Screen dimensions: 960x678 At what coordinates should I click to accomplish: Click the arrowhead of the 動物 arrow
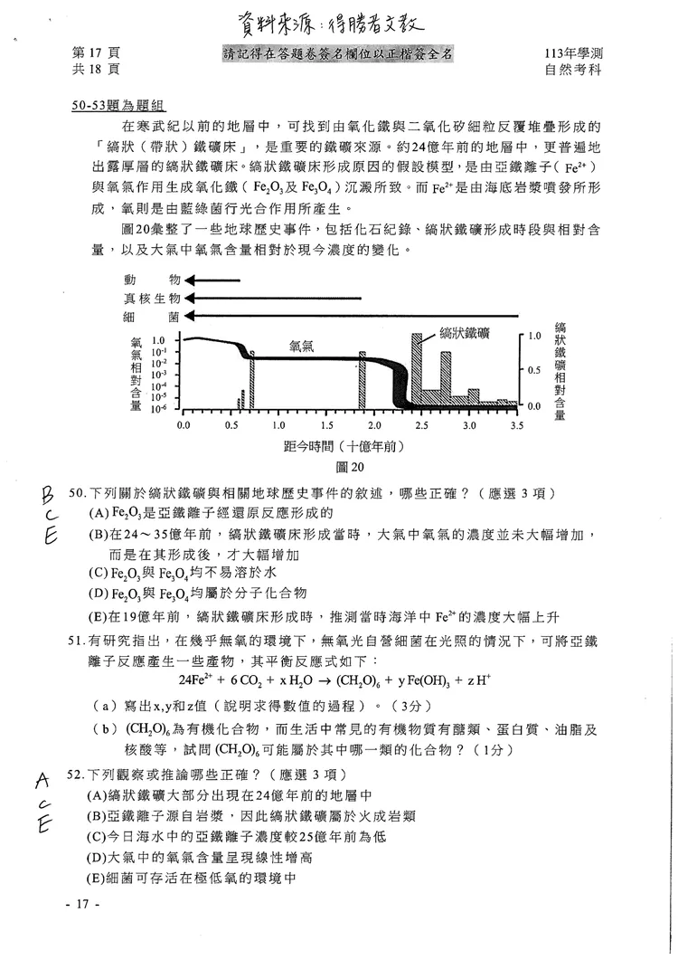[x=188, y=281]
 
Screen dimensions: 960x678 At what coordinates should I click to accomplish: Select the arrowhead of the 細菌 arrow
[x=188, y=316]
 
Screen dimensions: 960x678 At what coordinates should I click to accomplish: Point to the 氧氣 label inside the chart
[x=301, y=345]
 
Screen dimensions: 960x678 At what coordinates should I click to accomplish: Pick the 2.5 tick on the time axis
[x=421, y=424]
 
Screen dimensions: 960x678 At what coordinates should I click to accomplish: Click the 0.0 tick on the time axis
[x=184, y=424]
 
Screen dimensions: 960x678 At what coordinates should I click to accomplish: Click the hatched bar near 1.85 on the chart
[x=362, y=380]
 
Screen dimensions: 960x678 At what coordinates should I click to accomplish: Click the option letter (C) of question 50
[x=98, y=574]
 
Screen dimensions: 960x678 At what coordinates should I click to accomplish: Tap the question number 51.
[x=77, y=641]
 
